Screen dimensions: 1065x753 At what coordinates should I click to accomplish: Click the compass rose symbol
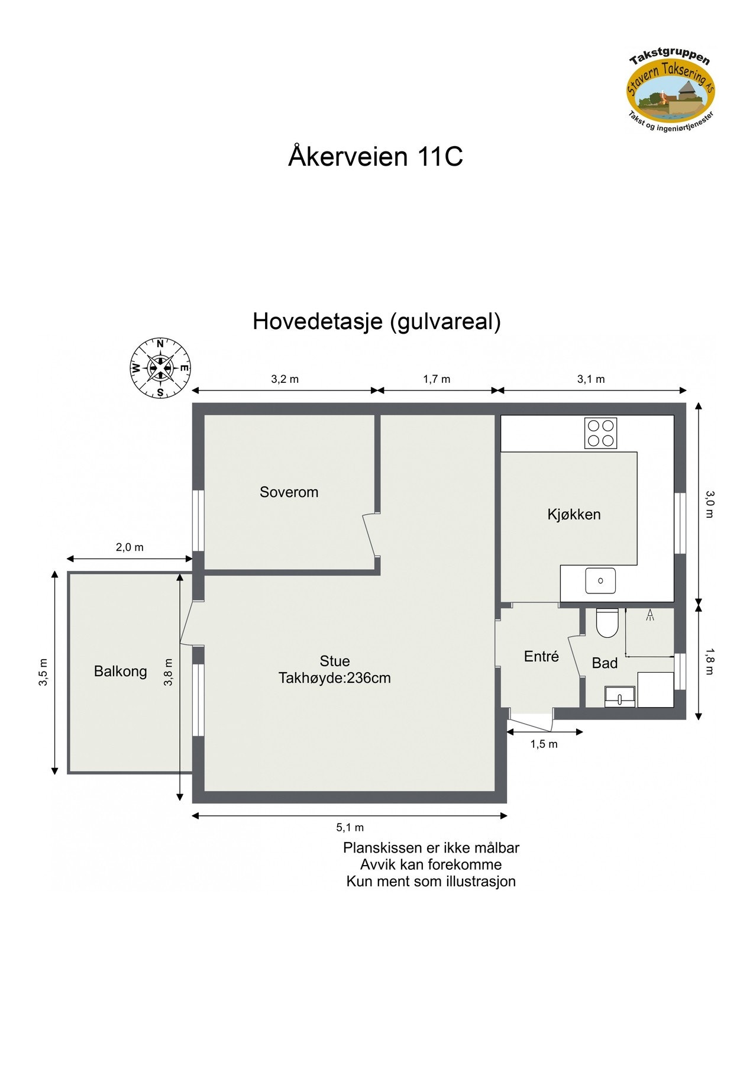(160, 367)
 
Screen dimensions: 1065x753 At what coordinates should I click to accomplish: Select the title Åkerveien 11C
(376, 157)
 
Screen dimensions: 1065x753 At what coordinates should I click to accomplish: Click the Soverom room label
(289, 492)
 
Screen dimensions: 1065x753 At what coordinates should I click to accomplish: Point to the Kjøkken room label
(574, 514)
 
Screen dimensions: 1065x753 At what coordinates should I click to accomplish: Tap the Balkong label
(120, 671)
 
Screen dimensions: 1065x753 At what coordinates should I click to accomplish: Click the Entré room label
(541, 656)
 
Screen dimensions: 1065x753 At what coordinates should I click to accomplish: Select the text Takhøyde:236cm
(335, 678)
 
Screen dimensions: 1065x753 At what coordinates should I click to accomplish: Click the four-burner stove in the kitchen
(600, 433)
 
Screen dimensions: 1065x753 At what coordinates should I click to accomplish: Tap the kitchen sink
(600, 580)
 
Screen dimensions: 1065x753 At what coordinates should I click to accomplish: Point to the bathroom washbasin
(619, 697)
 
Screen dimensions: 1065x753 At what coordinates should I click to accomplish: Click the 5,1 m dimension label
(350, 827)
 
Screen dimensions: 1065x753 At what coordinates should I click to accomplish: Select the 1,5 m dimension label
(544, 744)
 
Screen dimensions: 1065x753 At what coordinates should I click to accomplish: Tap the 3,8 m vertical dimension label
(169, 672)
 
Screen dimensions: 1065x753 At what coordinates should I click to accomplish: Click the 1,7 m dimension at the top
(437, 379)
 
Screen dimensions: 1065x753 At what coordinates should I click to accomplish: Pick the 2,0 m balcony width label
(130, 547)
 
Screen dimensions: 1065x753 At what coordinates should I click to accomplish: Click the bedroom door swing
(370, 534)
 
